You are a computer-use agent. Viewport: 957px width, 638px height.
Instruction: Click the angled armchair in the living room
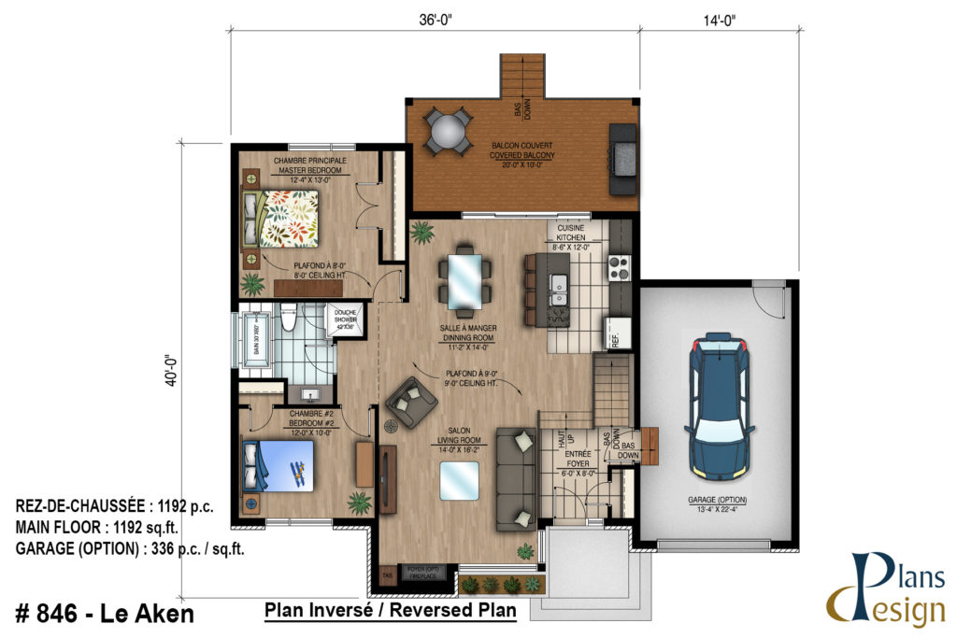point(410,402)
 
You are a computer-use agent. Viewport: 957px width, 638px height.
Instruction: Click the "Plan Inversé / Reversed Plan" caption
point(391,611)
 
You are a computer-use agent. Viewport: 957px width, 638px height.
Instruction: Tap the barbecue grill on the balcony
point(622,159)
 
